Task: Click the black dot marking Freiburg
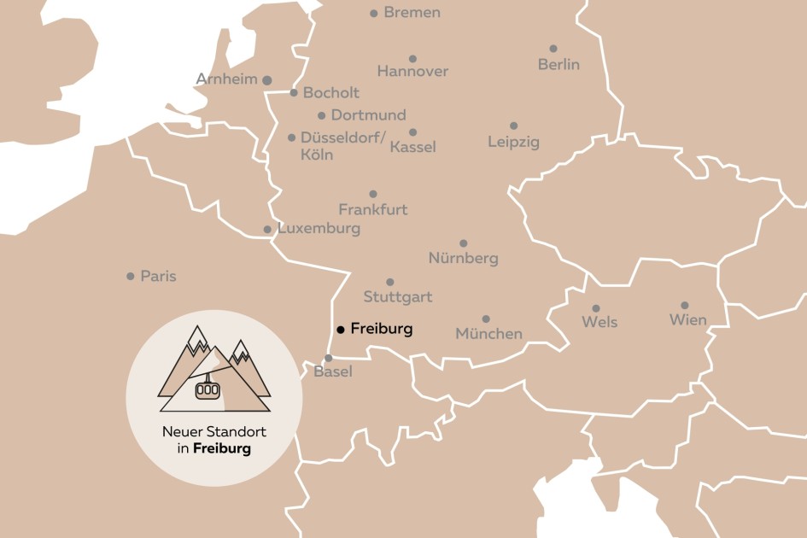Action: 340,329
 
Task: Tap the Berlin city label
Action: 558,64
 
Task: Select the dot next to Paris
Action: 130,276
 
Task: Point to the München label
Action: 488,334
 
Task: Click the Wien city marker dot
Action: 684,305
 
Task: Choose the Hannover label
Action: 412,72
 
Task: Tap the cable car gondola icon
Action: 208,389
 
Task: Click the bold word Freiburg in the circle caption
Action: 222,448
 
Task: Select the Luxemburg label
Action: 319,229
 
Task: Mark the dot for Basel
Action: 328,358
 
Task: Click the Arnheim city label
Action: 226,79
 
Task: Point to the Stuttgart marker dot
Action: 389,282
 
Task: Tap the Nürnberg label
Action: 463,258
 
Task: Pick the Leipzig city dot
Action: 513,126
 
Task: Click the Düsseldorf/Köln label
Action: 342,146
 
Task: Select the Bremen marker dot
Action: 373,13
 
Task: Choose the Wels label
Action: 599,322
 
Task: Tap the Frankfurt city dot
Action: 373,194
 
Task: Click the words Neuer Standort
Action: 213,432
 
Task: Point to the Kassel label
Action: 412,147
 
